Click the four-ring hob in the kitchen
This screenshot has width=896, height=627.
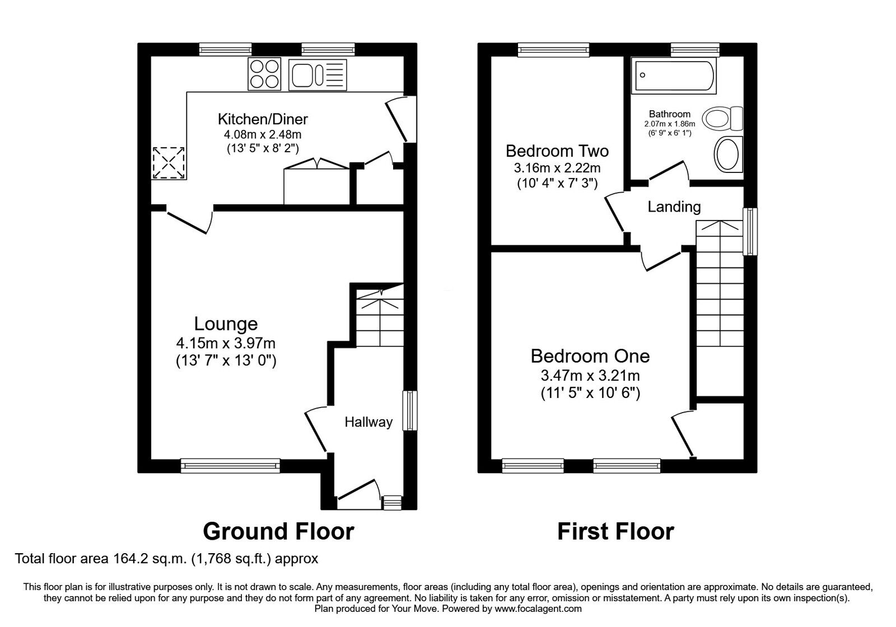coord(264,74)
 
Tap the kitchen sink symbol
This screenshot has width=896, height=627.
coord(317,75)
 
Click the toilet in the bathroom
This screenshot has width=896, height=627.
coord(724,119)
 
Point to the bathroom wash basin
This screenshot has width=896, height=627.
coord(728,153)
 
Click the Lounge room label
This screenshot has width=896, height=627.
coord(226,324)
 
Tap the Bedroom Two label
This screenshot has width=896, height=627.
coord(557,151)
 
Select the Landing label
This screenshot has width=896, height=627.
coord(674,207)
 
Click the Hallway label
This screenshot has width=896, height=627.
coord(368,422)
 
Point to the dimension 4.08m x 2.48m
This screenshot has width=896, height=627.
coord(263,134)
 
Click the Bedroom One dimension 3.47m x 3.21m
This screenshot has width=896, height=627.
coord(590,375)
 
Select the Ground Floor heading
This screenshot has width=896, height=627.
coord(278,531)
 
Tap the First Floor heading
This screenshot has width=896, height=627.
coord(615,531)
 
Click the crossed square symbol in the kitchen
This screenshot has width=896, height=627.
coord(169,163)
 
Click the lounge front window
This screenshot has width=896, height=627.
coord(230,465)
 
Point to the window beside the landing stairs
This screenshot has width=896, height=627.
coord(749,232)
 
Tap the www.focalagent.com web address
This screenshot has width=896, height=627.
coord(538,609)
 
